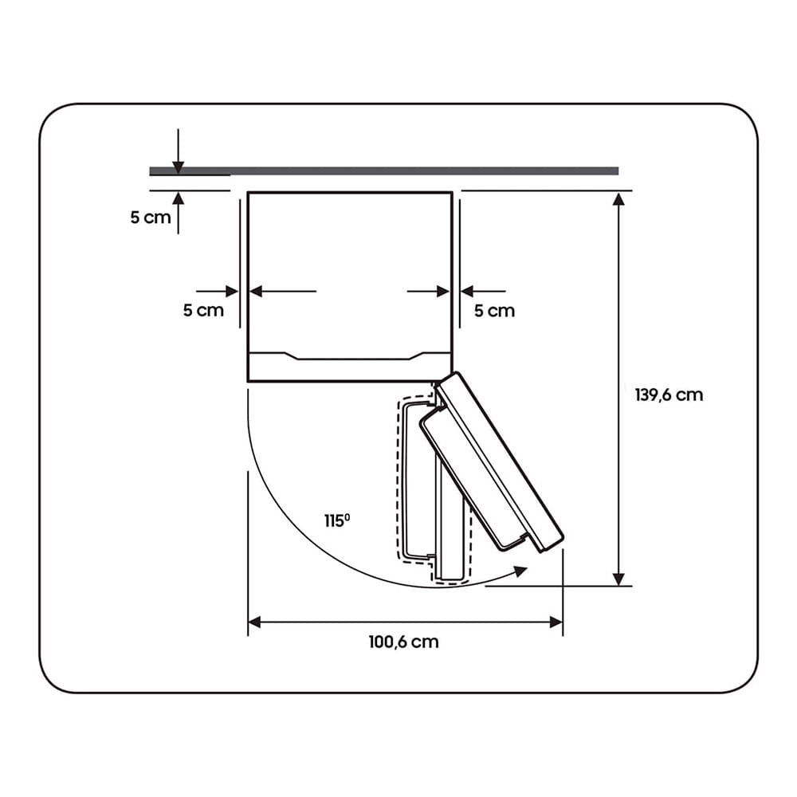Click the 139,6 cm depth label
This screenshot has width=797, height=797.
[669, 395]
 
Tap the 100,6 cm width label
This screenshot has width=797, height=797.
[403, 642]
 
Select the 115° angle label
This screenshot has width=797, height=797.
[337, 520]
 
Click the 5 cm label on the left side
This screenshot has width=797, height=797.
[203, 310]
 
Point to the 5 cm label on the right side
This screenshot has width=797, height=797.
[495, 311]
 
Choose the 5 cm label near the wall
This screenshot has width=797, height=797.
[151, 218]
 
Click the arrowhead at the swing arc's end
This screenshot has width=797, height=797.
[520, 571]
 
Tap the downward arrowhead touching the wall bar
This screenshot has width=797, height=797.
[178, 167]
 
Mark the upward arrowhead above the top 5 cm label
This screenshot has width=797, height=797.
[178, 198]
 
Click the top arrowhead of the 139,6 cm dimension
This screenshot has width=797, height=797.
[618, 198]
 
